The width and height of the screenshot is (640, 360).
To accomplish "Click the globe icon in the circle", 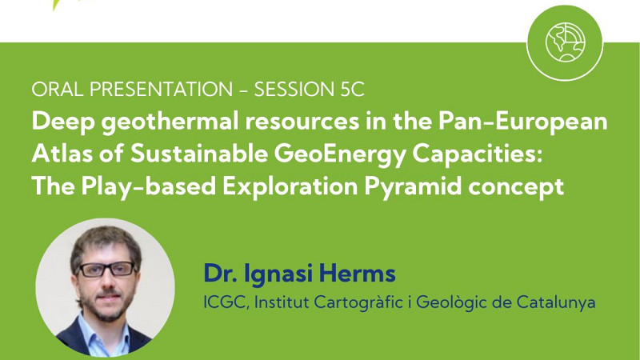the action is [566, 42].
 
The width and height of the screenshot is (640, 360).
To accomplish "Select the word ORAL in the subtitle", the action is [58, 90].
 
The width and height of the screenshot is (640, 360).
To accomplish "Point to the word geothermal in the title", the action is [170, 122].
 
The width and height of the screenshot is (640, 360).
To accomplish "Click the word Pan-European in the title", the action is [523, 122].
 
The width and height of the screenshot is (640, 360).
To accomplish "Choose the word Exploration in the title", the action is [290, 187].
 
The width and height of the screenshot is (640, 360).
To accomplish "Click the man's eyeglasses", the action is [106, 269].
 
